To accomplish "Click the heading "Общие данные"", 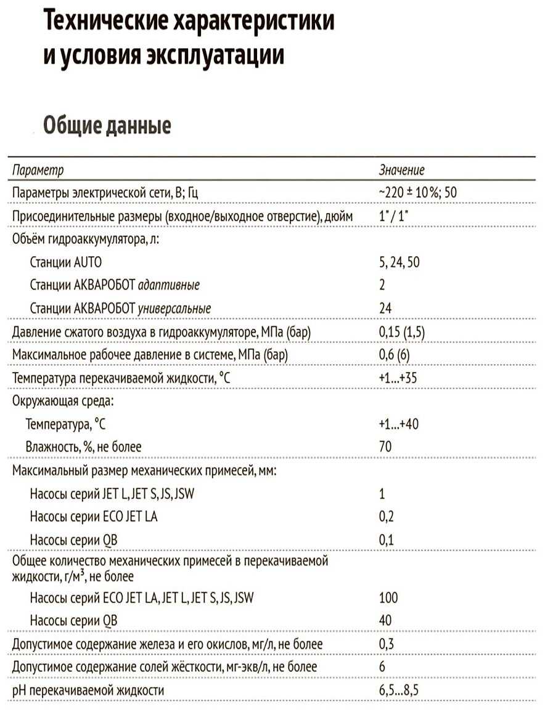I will [x=107, y=126].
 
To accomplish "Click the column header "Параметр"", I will [x=38, y=170].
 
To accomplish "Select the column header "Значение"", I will [x=401, y=170].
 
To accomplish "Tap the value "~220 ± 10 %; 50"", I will [x=417, y=193].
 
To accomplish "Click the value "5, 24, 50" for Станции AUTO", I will [x=400, y=262].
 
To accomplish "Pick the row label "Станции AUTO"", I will [x=65, y=262].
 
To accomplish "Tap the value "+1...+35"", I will [x=398, y=378].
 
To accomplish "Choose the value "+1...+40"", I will [x=399, y=424].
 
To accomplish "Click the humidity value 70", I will [x=385, y=447].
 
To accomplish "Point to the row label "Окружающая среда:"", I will [x=64, y=401].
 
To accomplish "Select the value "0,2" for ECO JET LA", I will [x=387, y=517].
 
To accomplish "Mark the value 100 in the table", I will [x=388, y=597].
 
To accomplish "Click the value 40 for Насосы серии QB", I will [x=385, y=620].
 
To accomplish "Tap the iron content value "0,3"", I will [x=387, y=644].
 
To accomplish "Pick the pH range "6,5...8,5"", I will [x=400, y=690].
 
